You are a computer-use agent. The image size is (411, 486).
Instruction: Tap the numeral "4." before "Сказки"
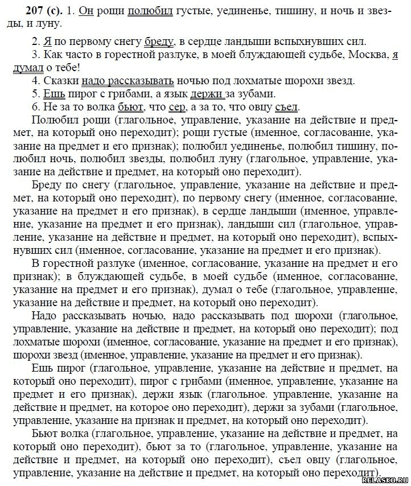click(36, 81)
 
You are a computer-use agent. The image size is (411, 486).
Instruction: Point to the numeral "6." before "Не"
click(36, 107)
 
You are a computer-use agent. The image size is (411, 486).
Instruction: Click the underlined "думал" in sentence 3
click(27, 68)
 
